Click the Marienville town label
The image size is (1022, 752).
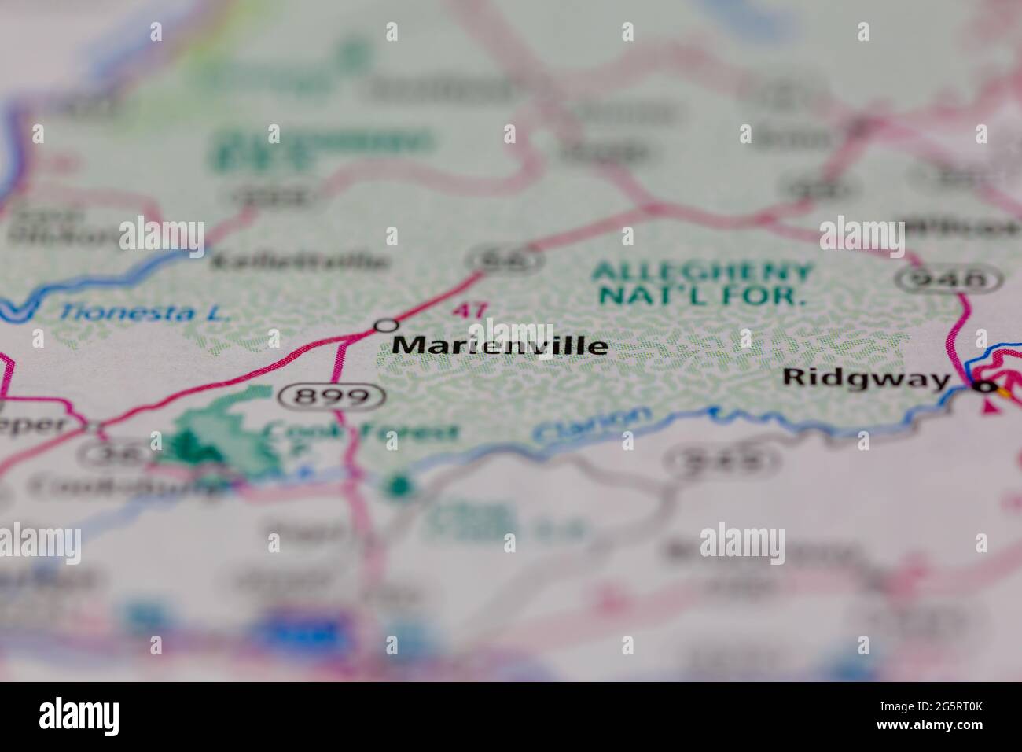click(x=499, y=345)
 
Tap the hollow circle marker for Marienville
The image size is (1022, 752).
click(x=385, y=325)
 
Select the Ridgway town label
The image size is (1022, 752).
click(x=866, y=378)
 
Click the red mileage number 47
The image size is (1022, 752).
click(x=469, y=310)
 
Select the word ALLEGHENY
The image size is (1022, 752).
click(x=701, y=272)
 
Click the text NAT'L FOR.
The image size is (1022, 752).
click(x=701, y=297)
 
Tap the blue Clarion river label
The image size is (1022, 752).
click(x=592, y=426)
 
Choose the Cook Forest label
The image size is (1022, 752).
click(x=362, y=431)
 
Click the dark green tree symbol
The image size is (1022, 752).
click(x=189, y=449)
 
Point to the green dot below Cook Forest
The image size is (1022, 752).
click(x=400, y=485)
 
